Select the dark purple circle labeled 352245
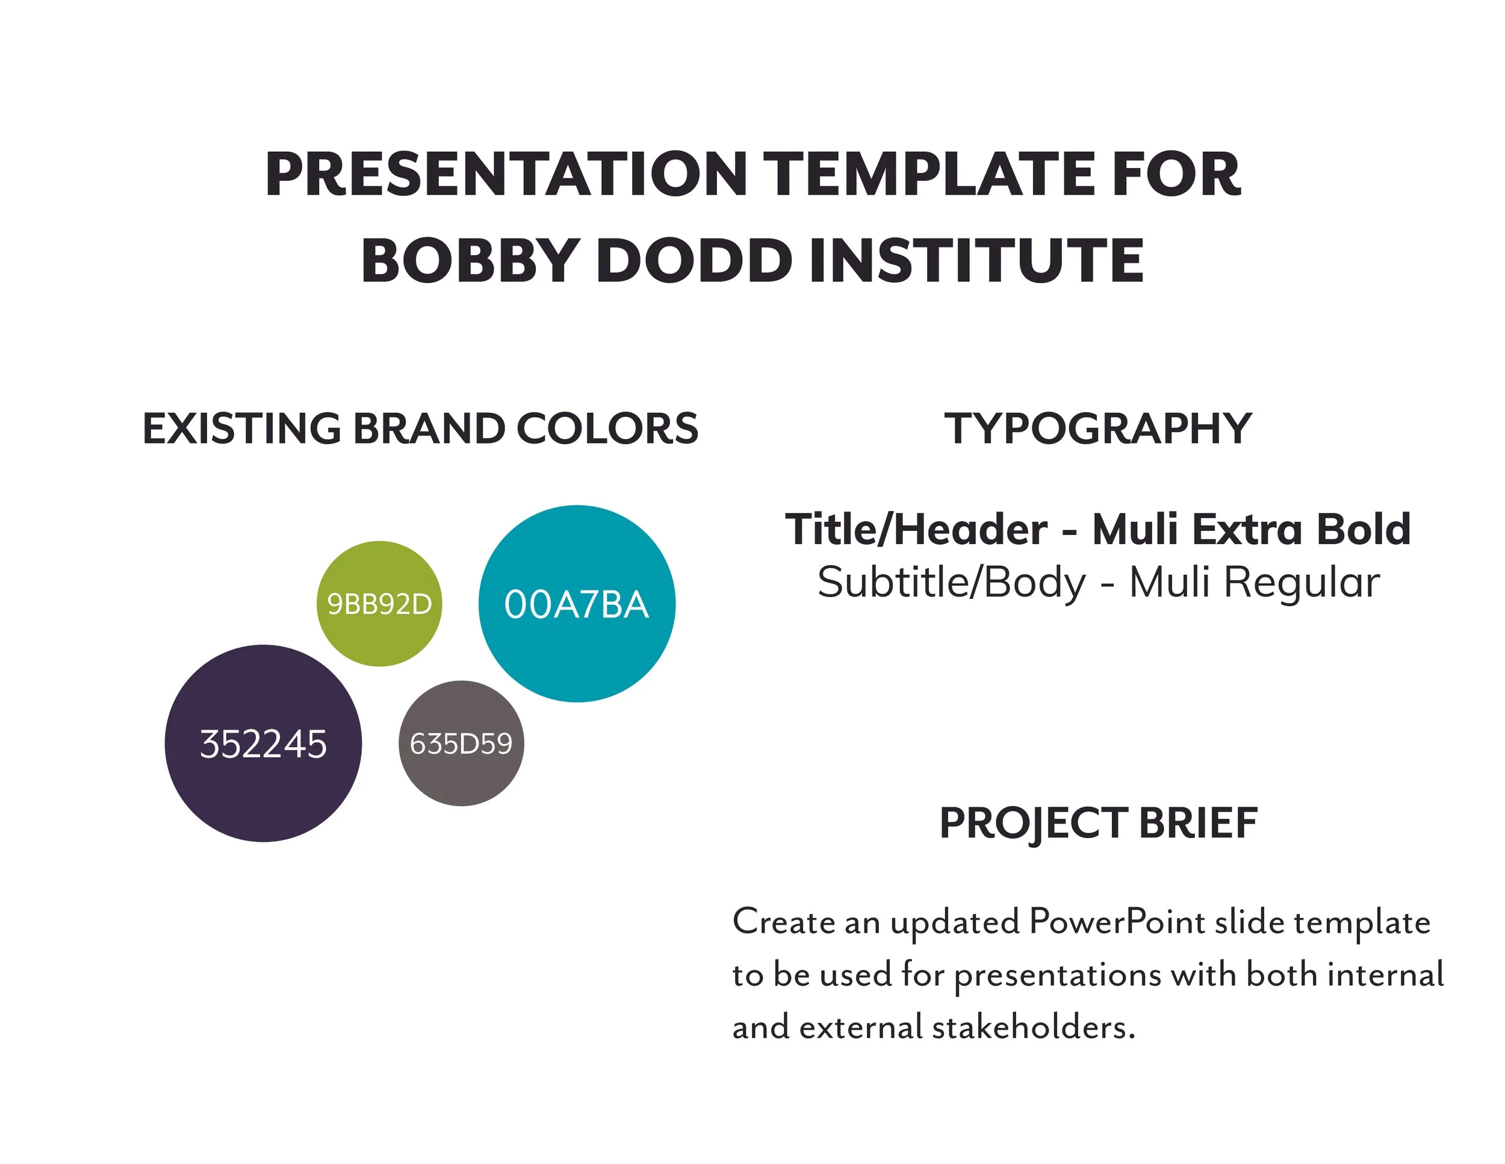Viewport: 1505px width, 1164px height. pyautogui.click(x=263, y=743)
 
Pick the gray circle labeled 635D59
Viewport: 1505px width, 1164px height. pyautogui.click(x=461, y=743)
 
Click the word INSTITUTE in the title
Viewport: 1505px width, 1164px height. pyautogui.click(x=976, y=261)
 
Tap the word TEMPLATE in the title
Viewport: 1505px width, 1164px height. pyautogui.click(x=928, y=175)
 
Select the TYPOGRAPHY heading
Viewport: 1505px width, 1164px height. pyautogui.click(x=1097, y=428)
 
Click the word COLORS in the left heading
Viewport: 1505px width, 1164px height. pyautogui.click(x=607, y=428)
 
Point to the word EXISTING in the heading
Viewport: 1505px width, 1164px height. pyautogui.click(x=241, y=428)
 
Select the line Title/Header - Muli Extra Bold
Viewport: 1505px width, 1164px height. pyautogui.click(x=1097, y=530)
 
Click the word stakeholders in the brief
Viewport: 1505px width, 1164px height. pyautogui.click(x=1034, y=1027)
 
